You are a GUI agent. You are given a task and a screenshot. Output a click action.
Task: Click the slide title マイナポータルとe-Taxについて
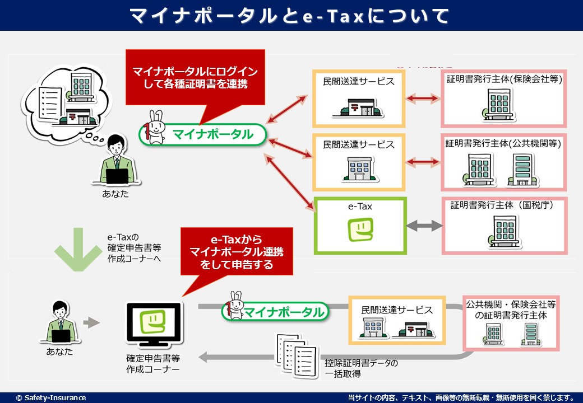pyautogui.click(x=290, y=16)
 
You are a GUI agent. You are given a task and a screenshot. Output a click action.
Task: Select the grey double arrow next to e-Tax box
pyautogui.click(x=424, y=226)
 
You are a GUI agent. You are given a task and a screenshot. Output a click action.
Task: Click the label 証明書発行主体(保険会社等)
pyautogui.click(x=504, y=79)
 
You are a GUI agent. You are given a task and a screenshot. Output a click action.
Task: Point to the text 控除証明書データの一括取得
pyautogui.click(x=361, y=368)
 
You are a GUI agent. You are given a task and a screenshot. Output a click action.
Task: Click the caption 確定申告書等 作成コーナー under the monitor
pyautogui.click(x=153, y=363)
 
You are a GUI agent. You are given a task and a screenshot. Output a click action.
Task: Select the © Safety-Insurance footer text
pyautogui.click(x=51, y=397)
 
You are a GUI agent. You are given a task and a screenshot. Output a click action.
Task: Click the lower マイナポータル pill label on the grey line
pyautogui.click(x=284, y=312)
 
